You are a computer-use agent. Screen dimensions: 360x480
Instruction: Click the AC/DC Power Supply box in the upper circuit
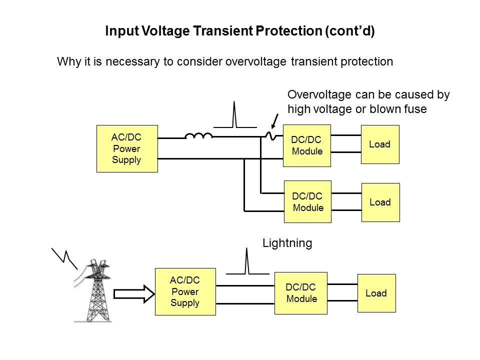[127, 148]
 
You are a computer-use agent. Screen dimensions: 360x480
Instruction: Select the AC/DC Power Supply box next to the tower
[185, 292]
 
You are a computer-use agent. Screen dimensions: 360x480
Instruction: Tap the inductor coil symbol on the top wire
[198, 135]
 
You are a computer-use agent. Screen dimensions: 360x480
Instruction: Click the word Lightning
[287, 243]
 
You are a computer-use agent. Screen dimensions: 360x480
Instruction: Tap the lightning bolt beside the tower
[65, 256]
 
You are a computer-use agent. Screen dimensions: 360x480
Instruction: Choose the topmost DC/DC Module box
[307, 145]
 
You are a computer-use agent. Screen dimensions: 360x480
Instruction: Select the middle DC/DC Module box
[307, 201]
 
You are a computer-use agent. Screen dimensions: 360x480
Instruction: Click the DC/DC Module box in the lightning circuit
[301, 293]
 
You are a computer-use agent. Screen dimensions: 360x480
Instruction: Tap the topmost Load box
[380, 144]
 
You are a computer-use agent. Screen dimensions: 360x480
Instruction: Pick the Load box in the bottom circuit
[376, 293]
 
